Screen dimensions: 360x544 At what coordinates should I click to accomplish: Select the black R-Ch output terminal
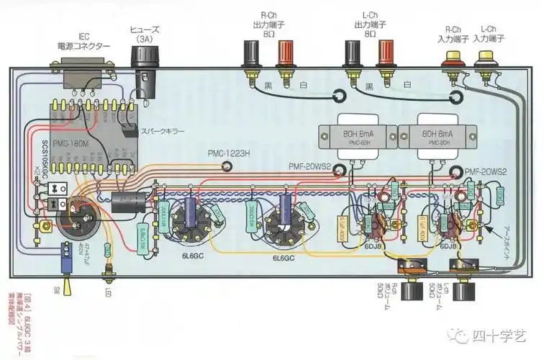[x=253, y=55]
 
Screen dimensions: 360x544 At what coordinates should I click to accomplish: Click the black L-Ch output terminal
[x=352, y=55]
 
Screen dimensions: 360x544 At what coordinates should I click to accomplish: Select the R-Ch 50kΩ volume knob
[x=413, y=292]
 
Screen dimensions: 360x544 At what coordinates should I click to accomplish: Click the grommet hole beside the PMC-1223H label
[x=227, y=167]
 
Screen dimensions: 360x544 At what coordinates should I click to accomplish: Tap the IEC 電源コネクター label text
[x=84, y=41]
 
